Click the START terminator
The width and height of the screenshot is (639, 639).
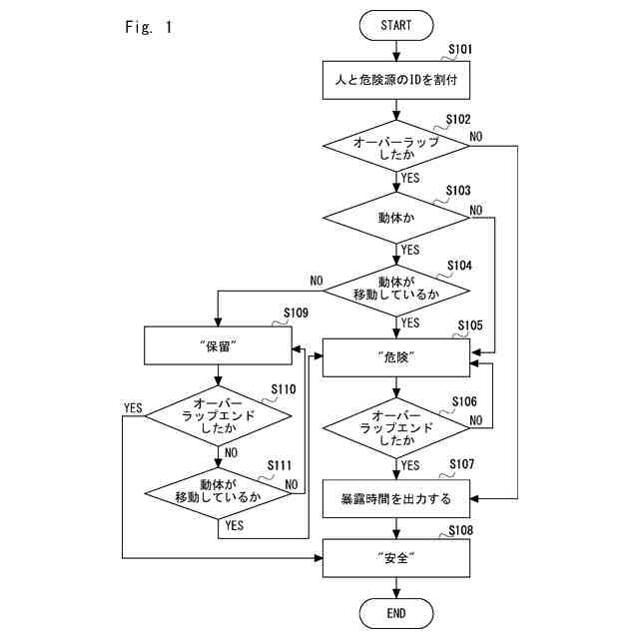click(x=395, y=24)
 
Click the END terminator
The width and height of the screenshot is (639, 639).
click(x=395, y=612)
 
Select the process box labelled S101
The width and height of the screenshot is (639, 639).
click(x=395, y=80)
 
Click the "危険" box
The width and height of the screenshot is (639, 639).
click(x=395, y=357)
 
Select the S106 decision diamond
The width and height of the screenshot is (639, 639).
click(x=395, y=427)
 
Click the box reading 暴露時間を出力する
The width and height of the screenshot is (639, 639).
click(x=395, y=498)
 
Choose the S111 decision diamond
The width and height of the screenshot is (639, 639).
click(x=217, y=489)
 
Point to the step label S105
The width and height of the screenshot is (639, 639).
click(x=470, y=325)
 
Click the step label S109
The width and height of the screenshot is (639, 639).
click(x=296, y=314)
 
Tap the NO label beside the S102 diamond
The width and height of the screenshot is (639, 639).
click(x=477, y=136)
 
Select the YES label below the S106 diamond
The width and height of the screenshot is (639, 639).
click(x=410, y=464)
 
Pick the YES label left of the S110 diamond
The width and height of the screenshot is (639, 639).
click(x=132, y=407)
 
